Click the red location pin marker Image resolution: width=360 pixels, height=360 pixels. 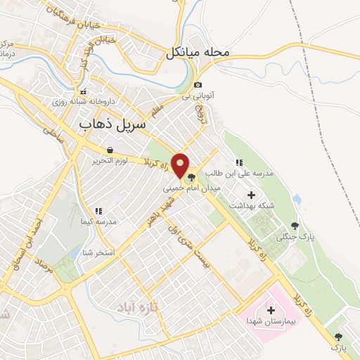pyautogui.click(x=181, y=165)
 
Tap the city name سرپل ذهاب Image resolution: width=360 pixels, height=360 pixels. pyautogui.click(x=110, y=124)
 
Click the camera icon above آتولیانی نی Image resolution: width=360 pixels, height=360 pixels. pyautogui.click(x=198, y=85)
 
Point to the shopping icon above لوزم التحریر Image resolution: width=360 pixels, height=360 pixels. pyautogui.click(x=110, y=150)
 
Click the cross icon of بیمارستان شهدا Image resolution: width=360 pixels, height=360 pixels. pyautogui.click(x=271, y=309)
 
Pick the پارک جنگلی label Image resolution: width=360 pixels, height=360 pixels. pyautogui.click(x=295, y=238)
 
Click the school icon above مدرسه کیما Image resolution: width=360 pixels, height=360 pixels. pyautogui.click(x=98, y=210)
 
